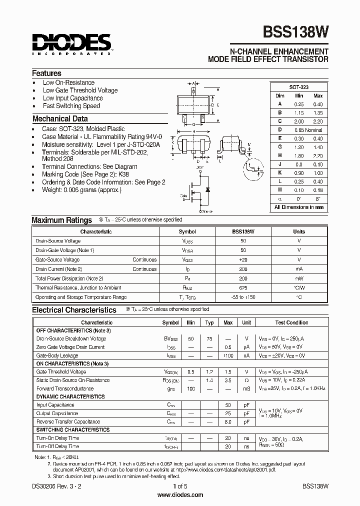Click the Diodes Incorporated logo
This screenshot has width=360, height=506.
tap(71, 44)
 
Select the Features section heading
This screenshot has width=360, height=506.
tap(47, 73)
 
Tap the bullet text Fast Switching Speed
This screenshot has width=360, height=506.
tap(71, 106)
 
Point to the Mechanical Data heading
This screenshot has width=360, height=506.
tap(60, 119)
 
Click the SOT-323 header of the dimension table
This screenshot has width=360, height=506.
tap(299, 87)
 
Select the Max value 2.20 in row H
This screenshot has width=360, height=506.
tap(317, 155)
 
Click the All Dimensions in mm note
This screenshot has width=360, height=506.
tap(299, 207)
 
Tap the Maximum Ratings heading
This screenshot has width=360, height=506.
tap(61, 220)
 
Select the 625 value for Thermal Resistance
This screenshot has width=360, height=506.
tap(243, 287)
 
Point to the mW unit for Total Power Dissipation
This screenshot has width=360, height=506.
tap(299, 278)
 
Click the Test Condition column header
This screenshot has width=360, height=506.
tap(291, 322)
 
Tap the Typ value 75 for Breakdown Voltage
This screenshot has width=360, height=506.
tap(209, 339)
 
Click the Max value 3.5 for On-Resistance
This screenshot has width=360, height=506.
tap(228, 380)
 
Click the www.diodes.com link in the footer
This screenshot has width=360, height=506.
tap(180, 495)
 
